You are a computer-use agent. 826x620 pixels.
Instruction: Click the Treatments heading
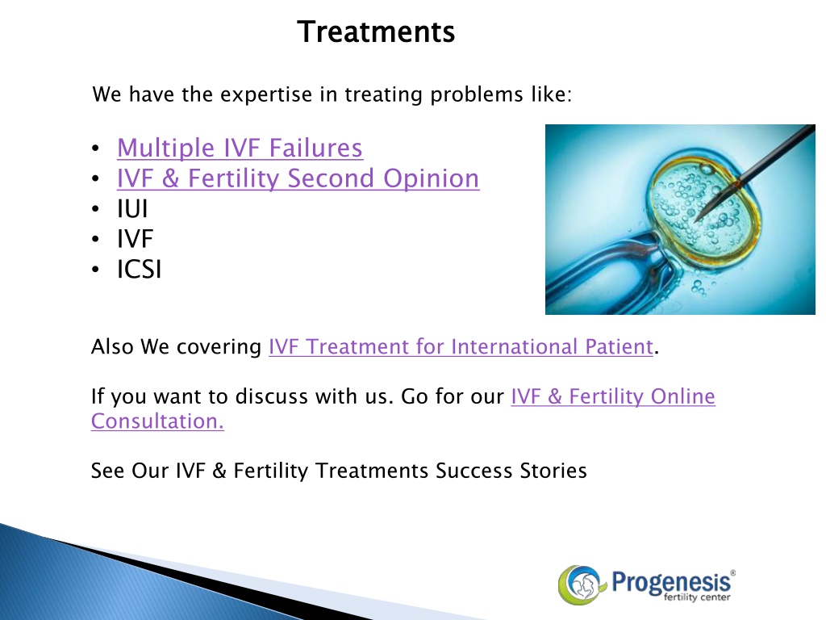pyautogui.click(x=376, y=31)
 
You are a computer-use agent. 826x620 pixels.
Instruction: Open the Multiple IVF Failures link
pyautogui.click(x=240, y=148)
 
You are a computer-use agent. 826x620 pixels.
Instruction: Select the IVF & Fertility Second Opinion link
pyautogui.click(x=298, y=178)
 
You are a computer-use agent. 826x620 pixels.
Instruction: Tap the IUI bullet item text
pyautogui.click(x=132, y=209)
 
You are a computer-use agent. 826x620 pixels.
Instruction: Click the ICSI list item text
pyautogui.click(x=139, y=270)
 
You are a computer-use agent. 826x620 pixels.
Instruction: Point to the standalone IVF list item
pyautogui.click(x=135, y=239)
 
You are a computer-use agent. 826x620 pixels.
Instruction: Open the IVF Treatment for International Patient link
pyautogui.click(x=461, y=347)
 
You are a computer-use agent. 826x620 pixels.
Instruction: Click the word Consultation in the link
pyautogui.click(x=157, y=421)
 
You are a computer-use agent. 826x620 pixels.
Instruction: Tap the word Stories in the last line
pyautogui.click(x=553, y=471)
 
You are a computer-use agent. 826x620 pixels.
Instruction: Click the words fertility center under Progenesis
pyautogui.click(x=697, y=597)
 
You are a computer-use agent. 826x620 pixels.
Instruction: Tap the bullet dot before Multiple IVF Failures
pyautogui.click(x=95, y=149)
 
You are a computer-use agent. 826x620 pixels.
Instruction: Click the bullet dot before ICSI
pyautogui.click(x=95, y=270)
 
